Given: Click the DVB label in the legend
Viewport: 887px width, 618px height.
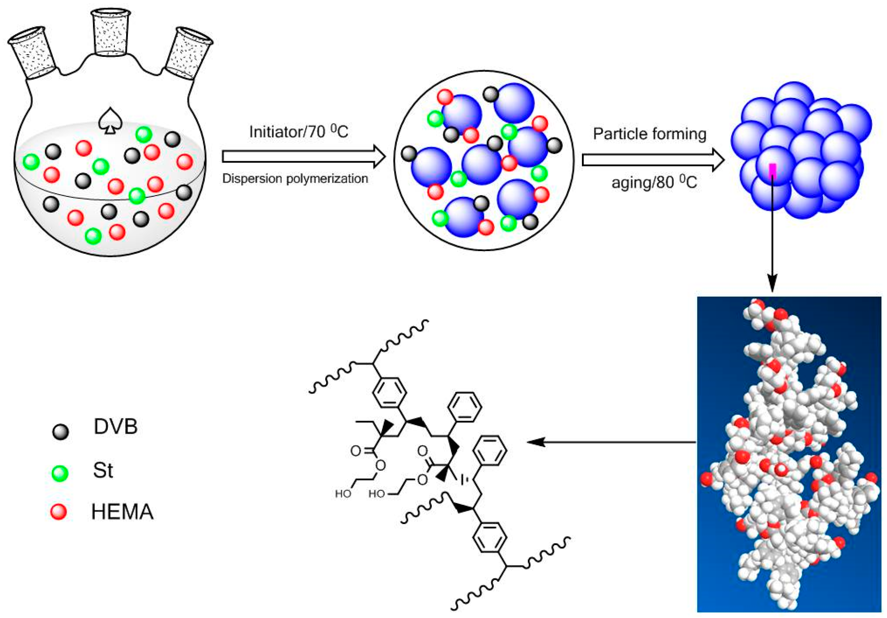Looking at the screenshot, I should [115, 426].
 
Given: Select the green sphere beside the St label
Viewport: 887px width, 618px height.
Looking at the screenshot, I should [60, 473].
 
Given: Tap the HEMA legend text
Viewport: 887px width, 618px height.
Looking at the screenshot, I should [122, 511].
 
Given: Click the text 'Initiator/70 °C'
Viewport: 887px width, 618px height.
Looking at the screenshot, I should [298, 132].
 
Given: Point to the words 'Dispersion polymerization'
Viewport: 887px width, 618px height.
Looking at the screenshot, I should [295, 179].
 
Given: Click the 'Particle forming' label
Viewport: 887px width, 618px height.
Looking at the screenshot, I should [649, 134].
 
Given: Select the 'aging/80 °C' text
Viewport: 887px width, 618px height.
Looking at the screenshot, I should [654, 183].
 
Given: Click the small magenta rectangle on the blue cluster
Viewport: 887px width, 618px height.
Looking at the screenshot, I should [772, 170].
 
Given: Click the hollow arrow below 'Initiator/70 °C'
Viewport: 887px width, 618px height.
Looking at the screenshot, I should [303, 156].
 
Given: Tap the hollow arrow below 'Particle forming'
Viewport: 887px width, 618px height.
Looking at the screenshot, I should [653, 160].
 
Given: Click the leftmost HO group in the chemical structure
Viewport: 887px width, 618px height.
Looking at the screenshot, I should [343, 494].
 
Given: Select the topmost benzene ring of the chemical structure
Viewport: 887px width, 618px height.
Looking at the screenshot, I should [465, 407].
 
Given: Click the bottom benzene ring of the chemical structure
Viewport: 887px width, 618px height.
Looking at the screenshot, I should [489, 537].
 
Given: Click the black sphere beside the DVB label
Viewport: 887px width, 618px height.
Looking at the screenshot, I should [60, 431].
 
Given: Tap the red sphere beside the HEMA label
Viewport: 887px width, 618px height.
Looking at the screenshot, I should [59, 511].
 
